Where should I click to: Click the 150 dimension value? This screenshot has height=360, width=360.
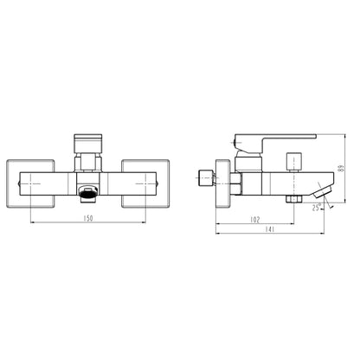(89, 218)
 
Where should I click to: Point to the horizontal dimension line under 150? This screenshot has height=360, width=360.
(89, 224)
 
